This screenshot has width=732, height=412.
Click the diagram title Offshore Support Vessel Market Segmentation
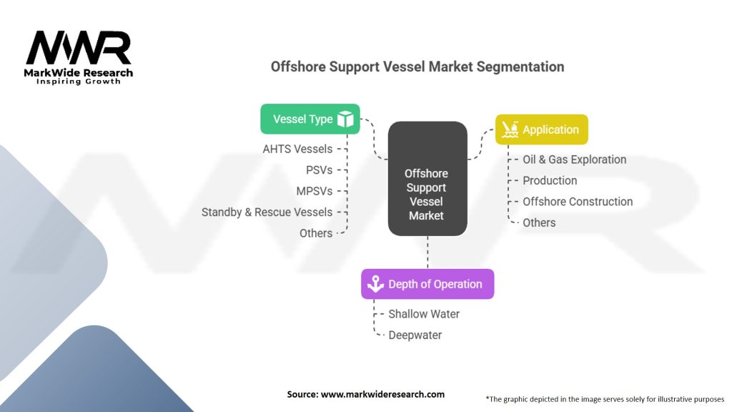[417, 67]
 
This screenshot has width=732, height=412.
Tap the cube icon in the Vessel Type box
[346, 119]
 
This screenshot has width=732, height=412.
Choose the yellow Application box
[541, 129]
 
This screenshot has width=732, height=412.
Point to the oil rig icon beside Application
[510, 129]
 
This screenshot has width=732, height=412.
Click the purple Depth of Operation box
[427, 284]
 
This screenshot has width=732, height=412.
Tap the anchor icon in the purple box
[375, 284]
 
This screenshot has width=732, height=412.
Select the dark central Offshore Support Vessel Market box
[427, 179]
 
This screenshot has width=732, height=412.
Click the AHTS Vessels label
[297, 149]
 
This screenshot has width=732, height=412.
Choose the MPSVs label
[314, 191]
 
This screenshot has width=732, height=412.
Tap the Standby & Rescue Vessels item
[267, 212]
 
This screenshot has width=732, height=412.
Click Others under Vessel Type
[316, 233]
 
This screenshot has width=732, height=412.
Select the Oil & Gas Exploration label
[574, 160]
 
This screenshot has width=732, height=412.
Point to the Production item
[550, 180]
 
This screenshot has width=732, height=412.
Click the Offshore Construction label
[578, 202]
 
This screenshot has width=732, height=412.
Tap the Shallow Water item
[424, 313]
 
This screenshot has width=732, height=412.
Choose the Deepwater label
[415, 335]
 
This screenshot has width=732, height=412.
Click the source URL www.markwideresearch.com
[365, 394]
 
